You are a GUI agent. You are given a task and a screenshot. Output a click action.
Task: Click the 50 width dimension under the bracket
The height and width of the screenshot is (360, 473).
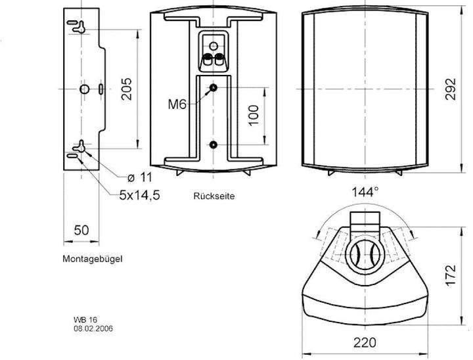pyautogui.click(x=81, y=230)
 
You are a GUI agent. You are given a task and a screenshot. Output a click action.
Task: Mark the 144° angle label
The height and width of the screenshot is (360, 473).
pyautogui.click(x=366, y=192)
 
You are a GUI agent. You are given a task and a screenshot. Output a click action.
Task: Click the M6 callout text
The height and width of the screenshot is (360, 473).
pyautogui.click(x=178, y=104)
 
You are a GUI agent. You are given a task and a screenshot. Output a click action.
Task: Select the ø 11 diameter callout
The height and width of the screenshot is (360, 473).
pyautogui.click(x=139, y=177)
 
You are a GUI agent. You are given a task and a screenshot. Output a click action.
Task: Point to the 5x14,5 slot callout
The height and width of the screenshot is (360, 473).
pyautogui.click(x=139, y=195)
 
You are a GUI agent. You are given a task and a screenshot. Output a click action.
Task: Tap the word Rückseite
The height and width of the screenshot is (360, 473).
pyautogui.click(x=214, y=196)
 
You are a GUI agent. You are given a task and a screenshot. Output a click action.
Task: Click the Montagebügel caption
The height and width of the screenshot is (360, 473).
pyautogui.click(x=93, y=259)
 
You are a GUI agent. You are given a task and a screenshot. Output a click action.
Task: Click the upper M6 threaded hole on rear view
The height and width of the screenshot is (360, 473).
pyautogui.click(x=214, y=87)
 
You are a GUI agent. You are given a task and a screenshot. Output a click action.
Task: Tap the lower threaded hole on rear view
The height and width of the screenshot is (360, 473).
pyautogui.click(x=214, y=144)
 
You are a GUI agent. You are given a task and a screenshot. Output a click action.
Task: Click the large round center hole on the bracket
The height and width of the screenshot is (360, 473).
pyautogui.click(x=83, y=88)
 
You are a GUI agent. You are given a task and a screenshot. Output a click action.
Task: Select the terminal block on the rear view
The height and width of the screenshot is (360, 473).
pyautogui.click(x=214, y=53)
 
